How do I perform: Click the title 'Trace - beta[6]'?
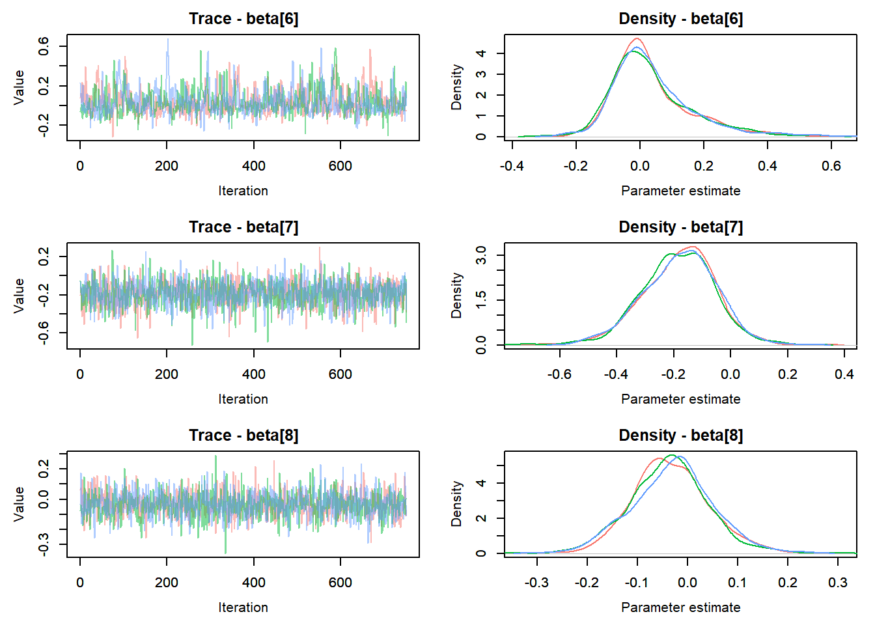[243, 19]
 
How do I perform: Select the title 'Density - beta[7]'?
[680, 227]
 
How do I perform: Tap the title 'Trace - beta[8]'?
[243, 436]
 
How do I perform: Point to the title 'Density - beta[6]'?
[680, 19]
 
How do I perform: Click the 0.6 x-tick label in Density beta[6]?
[831, 166]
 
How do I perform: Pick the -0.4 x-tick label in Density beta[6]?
[512, 166]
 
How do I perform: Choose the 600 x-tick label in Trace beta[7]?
[340, 374]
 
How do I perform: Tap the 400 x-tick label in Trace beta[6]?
[254, 166]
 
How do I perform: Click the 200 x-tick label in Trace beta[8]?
[167, 583]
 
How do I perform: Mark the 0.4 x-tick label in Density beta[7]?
[844, 374]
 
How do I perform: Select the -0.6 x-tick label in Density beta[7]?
[559, 374]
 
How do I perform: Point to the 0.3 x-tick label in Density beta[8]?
[838, 583]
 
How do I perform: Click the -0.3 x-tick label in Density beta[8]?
[536, 583]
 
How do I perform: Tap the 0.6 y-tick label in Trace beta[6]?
[44, 46]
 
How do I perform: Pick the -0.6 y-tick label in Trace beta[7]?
[44, 333]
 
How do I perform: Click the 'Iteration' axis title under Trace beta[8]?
[243, 607]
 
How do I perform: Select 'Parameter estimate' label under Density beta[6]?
[680, 191]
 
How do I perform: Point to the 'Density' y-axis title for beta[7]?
[456, 295]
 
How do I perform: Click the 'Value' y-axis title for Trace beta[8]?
[19, 503]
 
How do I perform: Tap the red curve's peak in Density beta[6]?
[637, 38]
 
